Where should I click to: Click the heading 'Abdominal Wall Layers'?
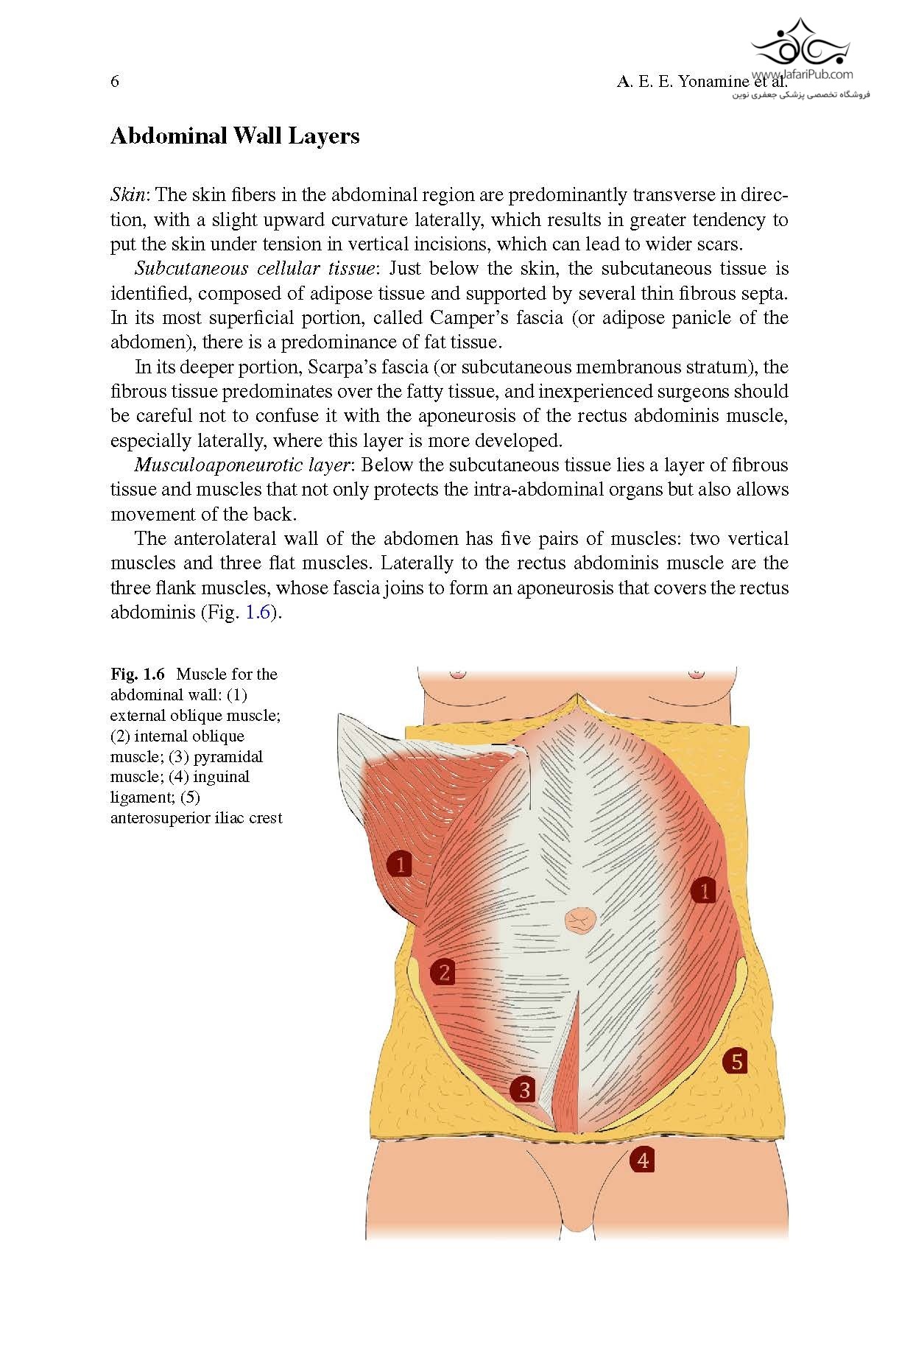tap(235, 136)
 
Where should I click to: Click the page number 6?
tap(115, 81)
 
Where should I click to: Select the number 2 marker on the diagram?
tap(444, 973)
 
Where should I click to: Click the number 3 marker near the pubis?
tap(524, 1089)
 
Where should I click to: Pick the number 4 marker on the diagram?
tap(643, 1160)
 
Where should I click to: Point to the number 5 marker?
tap(736, 1061)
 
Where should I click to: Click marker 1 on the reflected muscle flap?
tap(400, 864)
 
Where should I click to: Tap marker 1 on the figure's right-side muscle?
tap(704, 891)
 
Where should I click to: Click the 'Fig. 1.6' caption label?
tap(138, 674)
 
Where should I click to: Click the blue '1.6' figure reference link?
tap(258, 613)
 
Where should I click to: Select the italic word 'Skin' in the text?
tap(130, 195)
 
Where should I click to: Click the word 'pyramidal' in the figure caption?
tap(228, 756)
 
